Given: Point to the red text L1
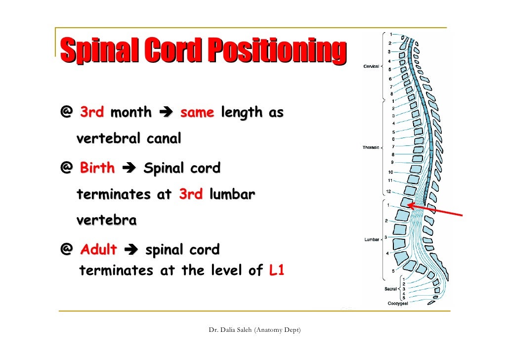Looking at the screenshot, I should click(x=277, y=271).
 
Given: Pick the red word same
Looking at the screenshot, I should click(x=197, y=113).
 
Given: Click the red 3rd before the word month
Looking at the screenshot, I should click(x=91, y=113).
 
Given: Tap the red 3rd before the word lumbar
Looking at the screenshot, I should click(x=190, y=194).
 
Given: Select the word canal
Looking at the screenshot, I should click(x=163, y=139).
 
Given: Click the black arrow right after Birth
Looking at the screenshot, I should click(x=128, y=169).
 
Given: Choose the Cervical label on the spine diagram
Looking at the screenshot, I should click(x=372, y=66).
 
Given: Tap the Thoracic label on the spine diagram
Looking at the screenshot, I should click(x=371, y=147).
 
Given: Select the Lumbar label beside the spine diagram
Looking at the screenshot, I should click(x=372, y=239).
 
